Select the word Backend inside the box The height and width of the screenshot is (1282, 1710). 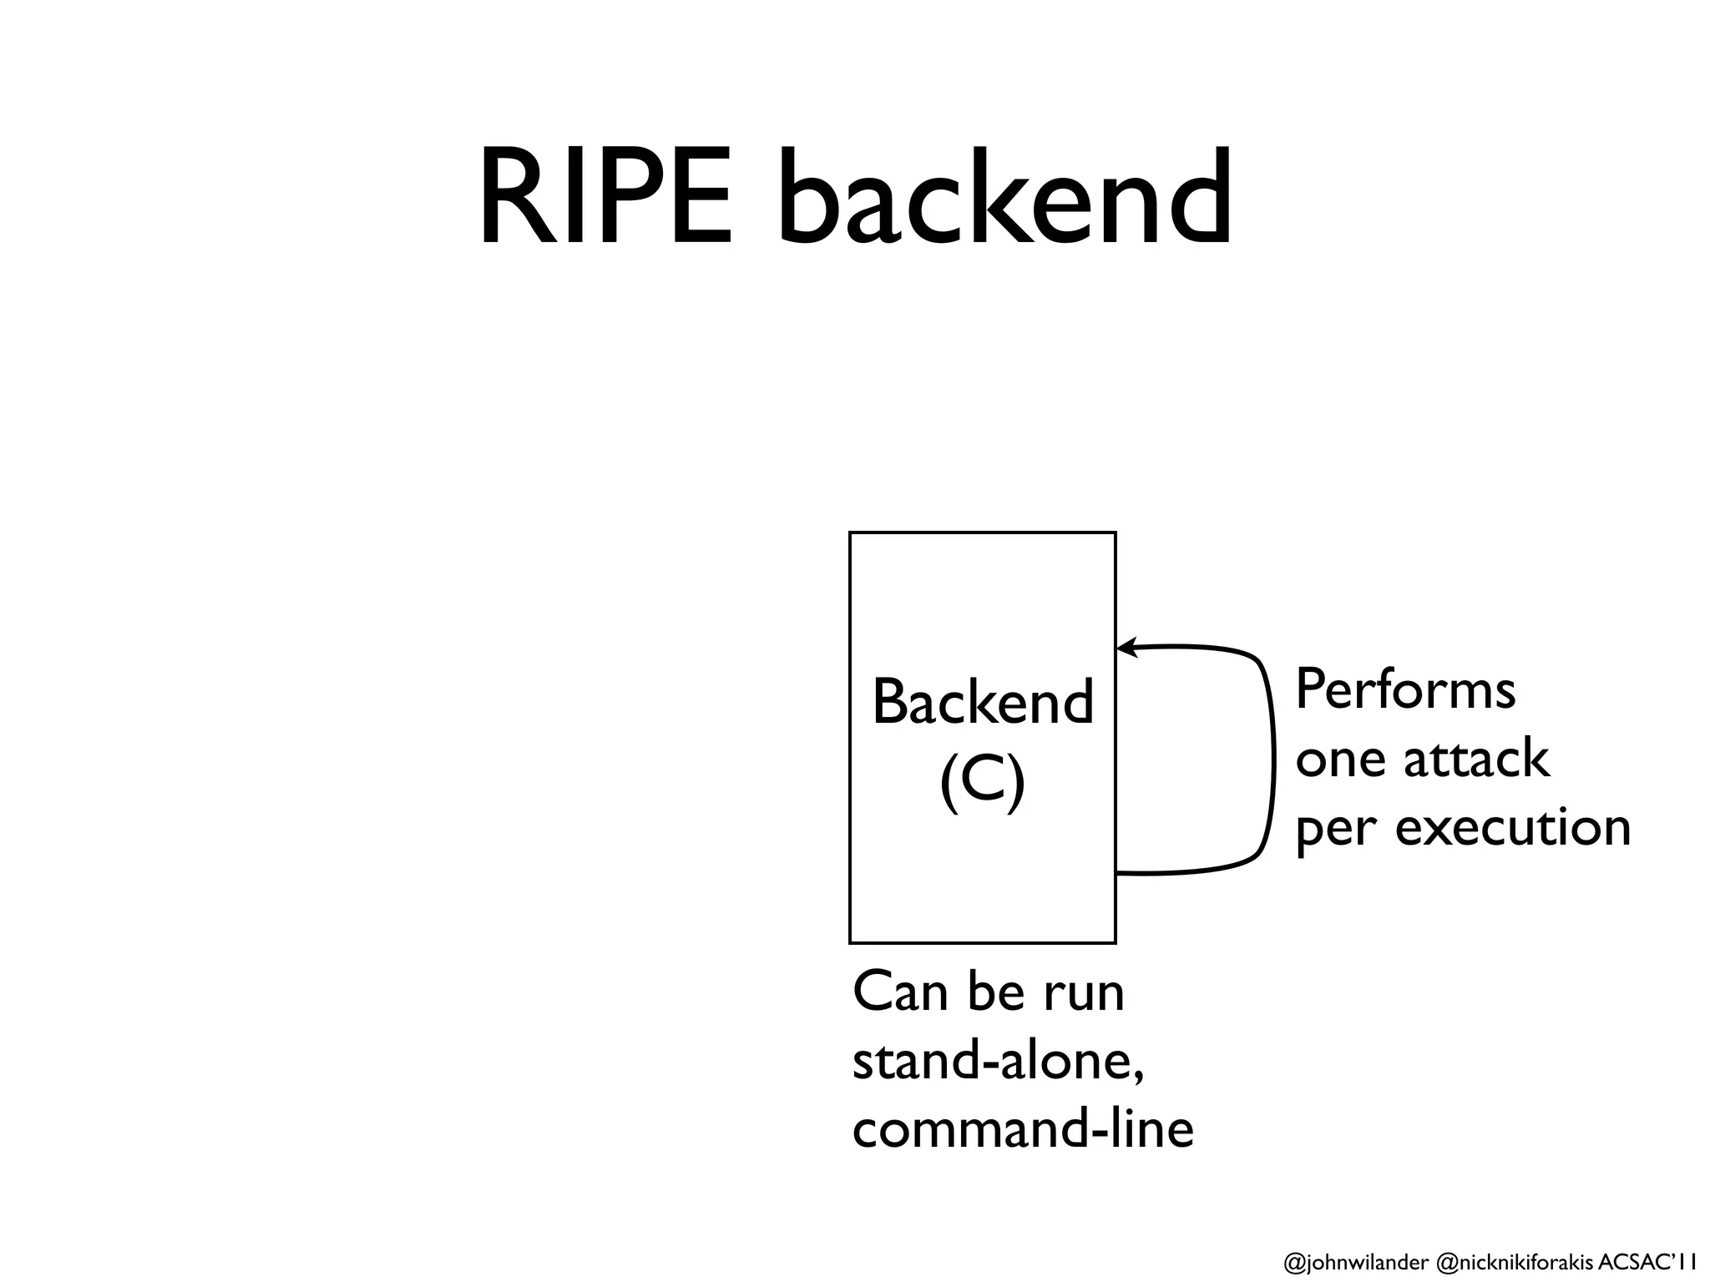click(983, 702)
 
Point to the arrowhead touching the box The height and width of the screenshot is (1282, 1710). click(1126, 647)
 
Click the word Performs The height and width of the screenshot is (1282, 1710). click(1405, 691)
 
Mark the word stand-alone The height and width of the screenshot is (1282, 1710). click(997, 1062)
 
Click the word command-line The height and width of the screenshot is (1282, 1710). click(1023, 1130)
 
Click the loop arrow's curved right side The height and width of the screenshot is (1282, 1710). click(1273, 760)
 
